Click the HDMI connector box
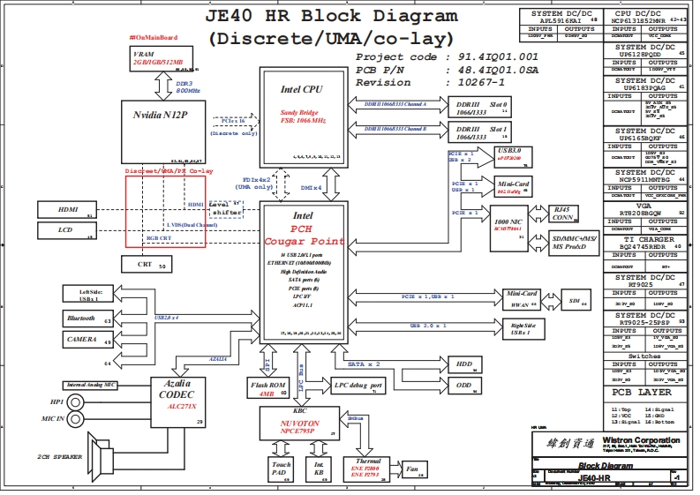coord(68,209)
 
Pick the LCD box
coord(68,231)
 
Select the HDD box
coord(464,364)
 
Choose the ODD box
coord(464,385)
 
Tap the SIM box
coord(577,301)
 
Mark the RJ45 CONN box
coord(562,214)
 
